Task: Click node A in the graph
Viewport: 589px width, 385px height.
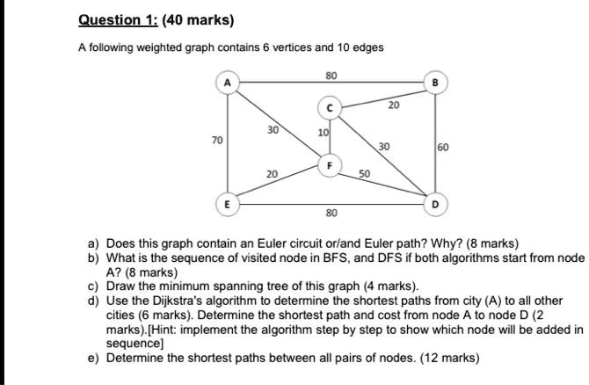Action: point(228,83)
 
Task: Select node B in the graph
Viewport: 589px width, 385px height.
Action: point(435,83)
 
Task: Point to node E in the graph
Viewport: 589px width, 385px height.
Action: point(228,203)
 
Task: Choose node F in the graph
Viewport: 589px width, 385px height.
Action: point(331,164)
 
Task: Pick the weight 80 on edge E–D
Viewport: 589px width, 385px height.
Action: point(331,214)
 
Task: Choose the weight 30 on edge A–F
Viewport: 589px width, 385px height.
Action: point(273,129)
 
